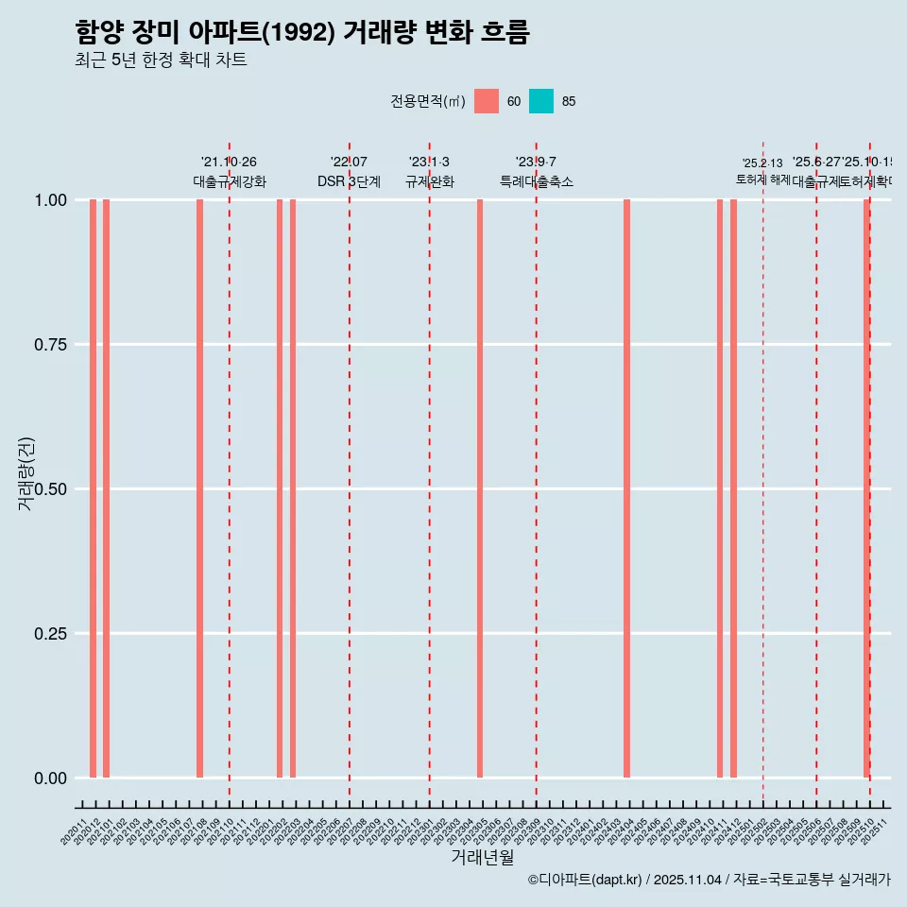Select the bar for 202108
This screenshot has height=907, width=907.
click(199, 488)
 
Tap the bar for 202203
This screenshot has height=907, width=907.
click(293, 488)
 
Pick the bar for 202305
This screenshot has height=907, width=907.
click(480, 488)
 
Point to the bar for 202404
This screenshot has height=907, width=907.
click(626, 488)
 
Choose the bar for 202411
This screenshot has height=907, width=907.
click(720, 488)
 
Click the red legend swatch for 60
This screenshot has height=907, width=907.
click(487, 101)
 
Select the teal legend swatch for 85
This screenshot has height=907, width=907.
click(541, 101)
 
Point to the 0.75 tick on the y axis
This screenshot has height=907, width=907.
click(50, 345)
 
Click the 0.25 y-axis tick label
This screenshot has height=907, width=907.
click(50, 634)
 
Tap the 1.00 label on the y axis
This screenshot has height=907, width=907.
click(50, 200)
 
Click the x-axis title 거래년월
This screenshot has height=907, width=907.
click(483, 857)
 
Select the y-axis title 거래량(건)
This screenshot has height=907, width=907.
click(26, 473)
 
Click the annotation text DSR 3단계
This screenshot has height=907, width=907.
click(349, 181)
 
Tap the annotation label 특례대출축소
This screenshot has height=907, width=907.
click(537, 181)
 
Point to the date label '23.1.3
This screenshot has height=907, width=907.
click(429, 163)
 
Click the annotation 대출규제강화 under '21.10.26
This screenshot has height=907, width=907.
click(230, 181)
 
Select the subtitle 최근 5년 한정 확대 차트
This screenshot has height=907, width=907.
click(161, 60)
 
